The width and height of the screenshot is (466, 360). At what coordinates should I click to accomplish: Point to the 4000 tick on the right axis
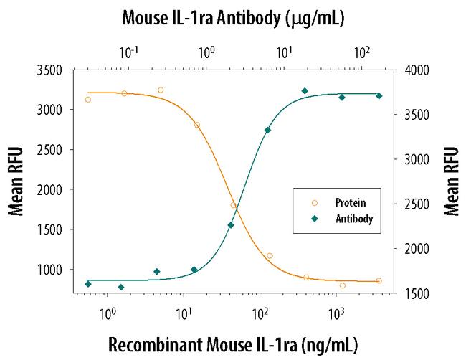click(x=414, y=70)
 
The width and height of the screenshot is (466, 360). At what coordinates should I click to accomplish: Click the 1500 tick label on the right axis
click(x=414, y=293)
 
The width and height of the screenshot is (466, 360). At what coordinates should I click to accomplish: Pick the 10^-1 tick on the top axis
click(x=129, y=52)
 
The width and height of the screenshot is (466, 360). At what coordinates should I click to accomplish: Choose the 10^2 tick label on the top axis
click(x=361, y=52)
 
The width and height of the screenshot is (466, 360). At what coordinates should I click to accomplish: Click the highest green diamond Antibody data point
click(x=305, y=91)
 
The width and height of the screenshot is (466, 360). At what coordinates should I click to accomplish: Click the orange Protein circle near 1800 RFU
click(x=233, y=206)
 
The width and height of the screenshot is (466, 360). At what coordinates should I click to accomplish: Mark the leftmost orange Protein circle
click(x=88, y=100)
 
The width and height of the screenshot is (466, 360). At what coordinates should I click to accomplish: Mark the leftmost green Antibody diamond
click(x=88, y=284)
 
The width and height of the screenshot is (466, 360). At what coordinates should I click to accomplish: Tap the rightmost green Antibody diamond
click(x=379, y=95)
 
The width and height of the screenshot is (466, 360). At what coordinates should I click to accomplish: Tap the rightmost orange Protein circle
click(x=379, y=280)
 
